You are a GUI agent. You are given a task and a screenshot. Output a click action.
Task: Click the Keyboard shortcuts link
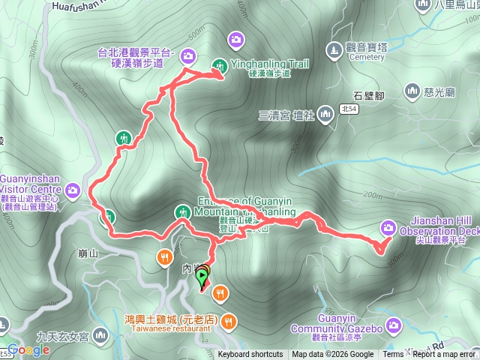(x=250, y=355)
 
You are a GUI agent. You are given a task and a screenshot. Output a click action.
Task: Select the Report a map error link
(x=446, y=355)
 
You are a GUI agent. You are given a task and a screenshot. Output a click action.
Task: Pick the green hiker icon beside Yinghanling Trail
(x=220, y=64)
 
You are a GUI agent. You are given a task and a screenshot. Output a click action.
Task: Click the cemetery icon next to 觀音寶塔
(x=334, y=49)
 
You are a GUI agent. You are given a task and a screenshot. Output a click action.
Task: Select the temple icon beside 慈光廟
(x=411, y=91)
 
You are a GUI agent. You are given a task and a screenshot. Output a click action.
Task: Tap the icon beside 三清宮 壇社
(x=325, y=115)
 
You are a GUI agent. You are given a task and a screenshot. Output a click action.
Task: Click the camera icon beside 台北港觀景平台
(x=187, y=54)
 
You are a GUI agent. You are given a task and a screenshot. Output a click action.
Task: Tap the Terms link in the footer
(x=393, y=355)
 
